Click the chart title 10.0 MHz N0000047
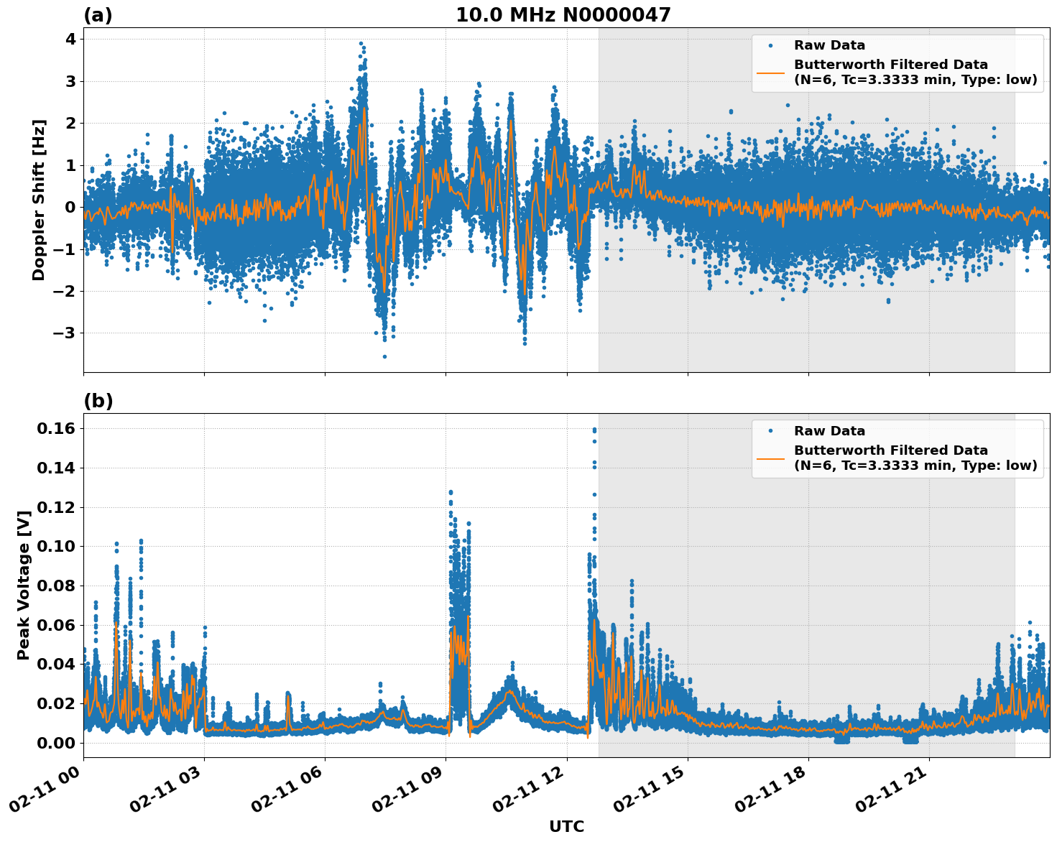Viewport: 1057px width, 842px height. pos(563,15)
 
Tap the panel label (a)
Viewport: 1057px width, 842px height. pos(98,15)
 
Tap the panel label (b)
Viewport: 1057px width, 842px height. pos(98,401)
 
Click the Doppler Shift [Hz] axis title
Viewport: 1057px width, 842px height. pos(39,200)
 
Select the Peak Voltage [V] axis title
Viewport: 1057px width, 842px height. pos(24,585)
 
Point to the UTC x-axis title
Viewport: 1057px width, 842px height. pos(566,826)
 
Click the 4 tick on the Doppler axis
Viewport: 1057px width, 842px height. pos(70,39)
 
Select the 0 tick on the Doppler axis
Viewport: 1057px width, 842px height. pos(70,207)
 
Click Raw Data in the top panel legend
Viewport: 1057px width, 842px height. pos(829,45)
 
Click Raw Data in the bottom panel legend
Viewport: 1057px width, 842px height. pos(829,431)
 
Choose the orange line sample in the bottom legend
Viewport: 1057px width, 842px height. pos(770,458)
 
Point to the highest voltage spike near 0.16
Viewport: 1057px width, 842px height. pos(594,430)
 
